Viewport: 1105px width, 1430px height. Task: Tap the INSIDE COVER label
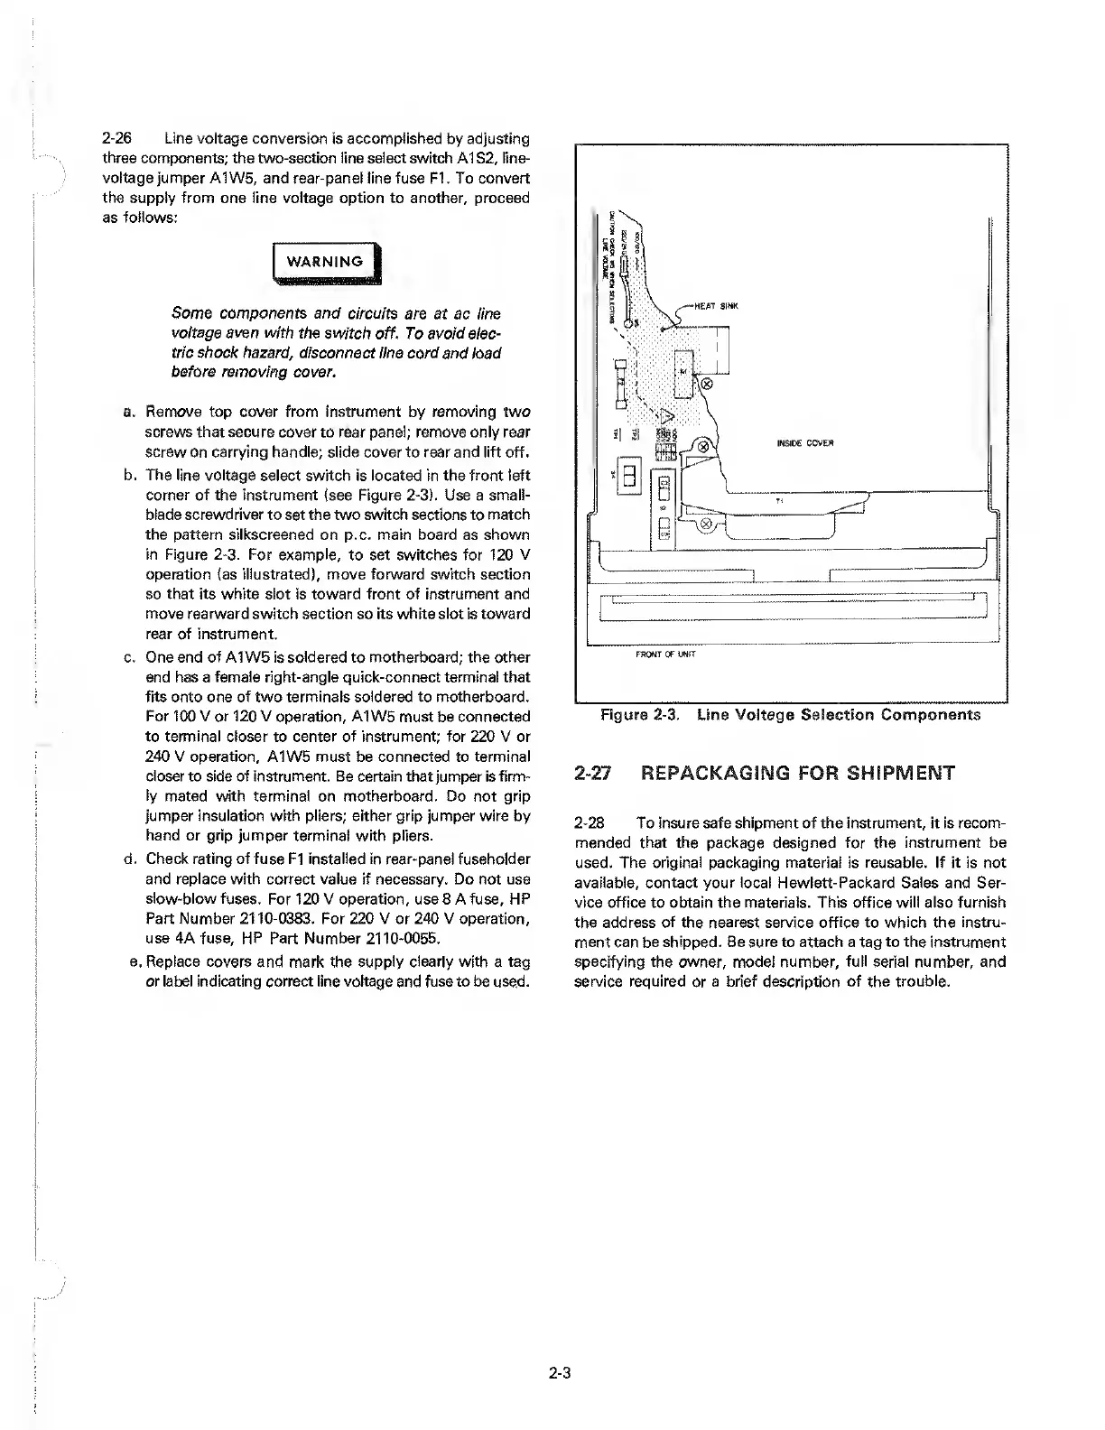[x=804, y=443]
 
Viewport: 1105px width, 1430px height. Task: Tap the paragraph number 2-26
[x=117, y=139]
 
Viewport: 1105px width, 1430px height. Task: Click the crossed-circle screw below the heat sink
[x=707, y=383]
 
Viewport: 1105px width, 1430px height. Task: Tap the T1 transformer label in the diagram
[x=779, y=499]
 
